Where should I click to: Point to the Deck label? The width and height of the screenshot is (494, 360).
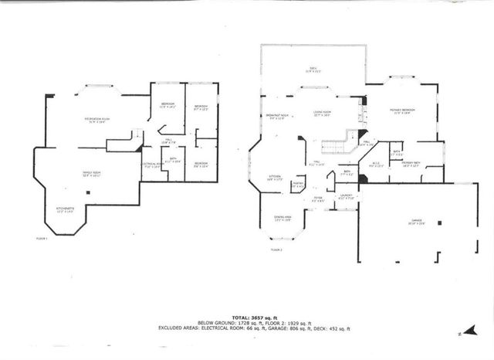[x=313, y=70]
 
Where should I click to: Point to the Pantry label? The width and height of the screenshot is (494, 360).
[x=297, y=185]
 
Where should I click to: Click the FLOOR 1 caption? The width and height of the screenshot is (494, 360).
[x=42, y=239]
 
